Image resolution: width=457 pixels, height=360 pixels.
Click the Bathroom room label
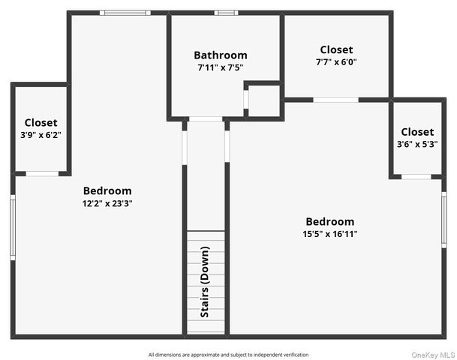pyautogui.click(x=220, y=55)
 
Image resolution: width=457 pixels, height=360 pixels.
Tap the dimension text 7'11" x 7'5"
pyautogui.click(x=220, y=67)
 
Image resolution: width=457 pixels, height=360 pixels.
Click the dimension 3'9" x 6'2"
pyautogui.click(x=41, y=135)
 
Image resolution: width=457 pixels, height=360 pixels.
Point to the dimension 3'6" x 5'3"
pyautogui.click(x=416, y=145)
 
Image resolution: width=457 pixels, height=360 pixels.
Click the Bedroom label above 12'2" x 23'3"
pyautogui.click(x=107, y=190)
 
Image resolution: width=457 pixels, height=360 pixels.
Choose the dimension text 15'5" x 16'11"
pyautogui.click(x=329, y=234)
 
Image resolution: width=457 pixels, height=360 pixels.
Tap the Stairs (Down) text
pyautogui.click(x=205, y=282)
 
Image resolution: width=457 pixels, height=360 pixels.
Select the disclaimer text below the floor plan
pyautogui.click(x=228, y=355)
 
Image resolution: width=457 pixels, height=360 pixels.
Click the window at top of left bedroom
pyautogui.click(x=125, y=13)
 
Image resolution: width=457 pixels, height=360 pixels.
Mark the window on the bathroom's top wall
pyautogui.click(x=226, y=13)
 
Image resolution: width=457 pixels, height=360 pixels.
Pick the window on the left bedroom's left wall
pyautogui.click(x=13, y=227)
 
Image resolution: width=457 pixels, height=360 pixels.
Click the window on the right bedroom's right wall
pyautogui.click(x=443, y=222)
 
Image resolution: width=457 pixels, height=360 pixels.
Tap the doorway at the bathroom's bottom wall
pyautogui.click(x=206, y=118)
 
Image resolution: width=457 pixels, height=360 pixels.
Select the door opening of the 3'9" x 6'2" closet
pyautogui.click(x=42, y=173)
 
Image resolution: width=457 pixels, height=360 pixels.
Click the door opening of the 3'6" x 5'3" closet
pyautogui.click(x=416, y=177)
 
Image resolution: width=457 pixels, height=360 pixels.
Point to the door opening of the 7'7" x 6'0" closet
pyautogui.click(x=335, y=100)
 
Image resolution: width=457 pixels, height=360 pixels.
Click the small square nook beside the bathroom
pyautogui.click(x=263, y=100)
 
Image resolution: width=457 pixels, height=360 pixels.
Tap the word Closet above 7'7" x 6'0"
pyautogui.click(x=336, y=49)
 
